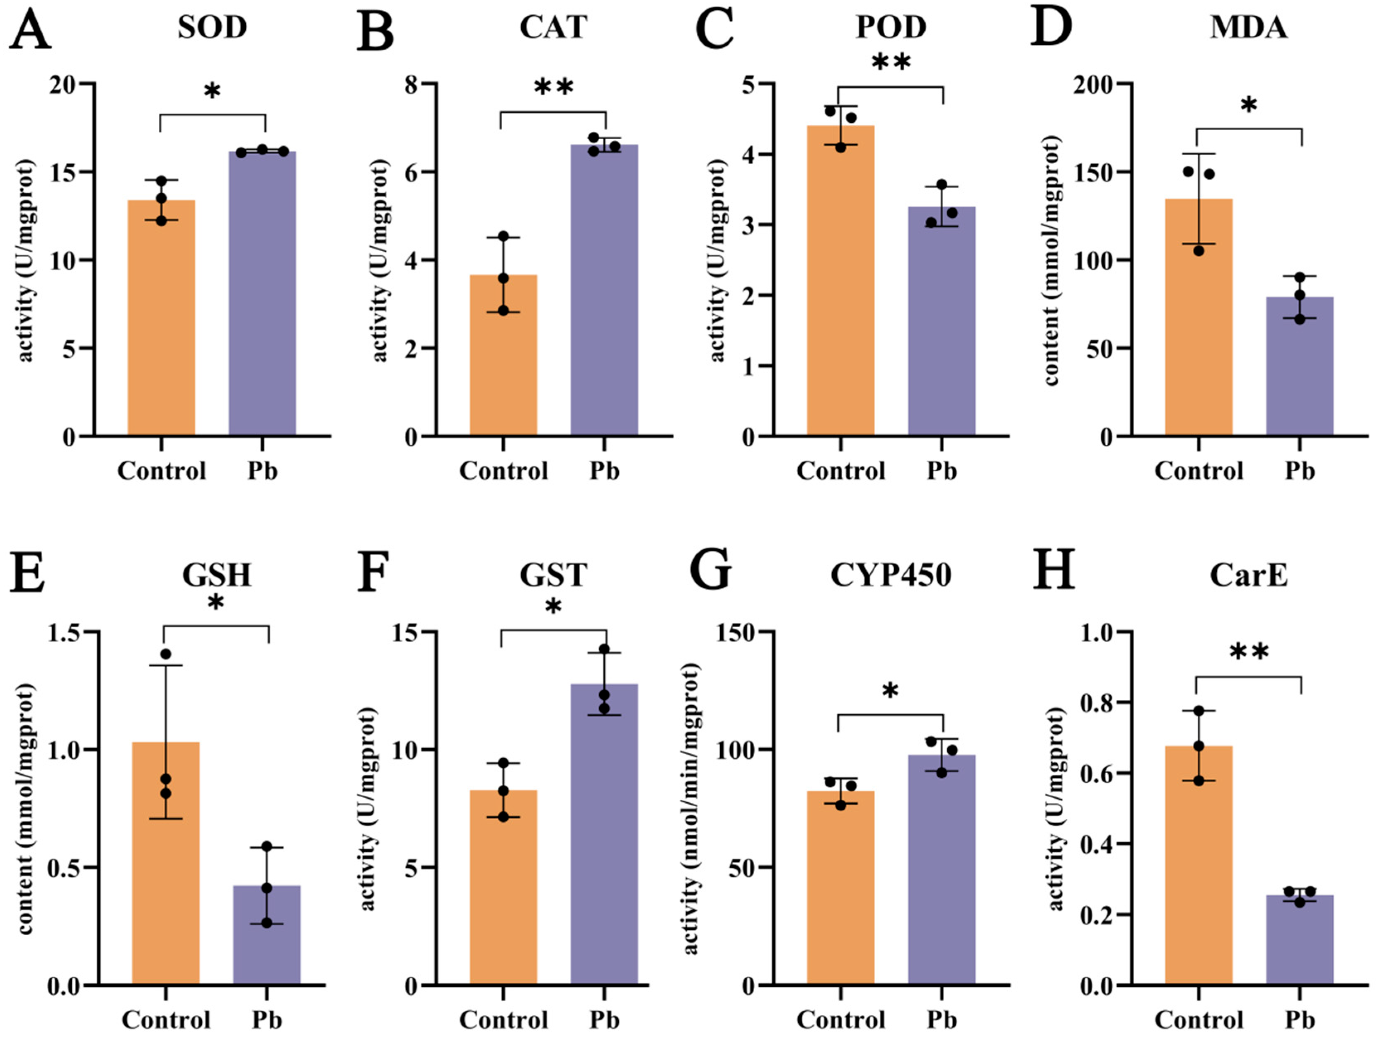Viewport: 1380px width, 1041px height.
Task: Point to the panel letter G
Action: pos(711,570)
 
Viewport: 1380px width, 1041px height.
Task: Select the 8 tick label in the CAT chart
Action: pos(411,84)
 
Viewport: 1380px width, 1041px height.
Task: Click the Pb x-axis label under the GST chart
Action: pos(604,1020)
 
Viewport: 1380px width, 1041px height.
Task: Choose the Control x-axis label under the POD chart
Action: pos(840,471)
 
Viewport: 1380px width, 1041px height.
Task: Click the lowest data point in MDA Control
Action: pos(1198,251)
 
